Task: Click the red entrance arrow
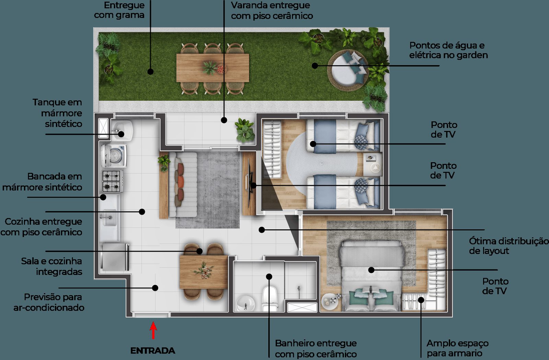(153, 330)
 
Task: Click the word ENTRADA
(153, 351)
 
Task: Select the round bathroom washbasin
(246, 303)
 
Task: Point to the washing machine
(114, 155)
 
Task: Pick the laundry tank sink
(122, 131)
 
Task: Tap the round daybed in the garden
(348, 71)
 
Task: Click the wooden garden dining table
(212, 68)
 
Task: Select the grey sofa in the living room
(183, 184)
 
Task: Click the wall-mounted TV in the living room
(249, 183)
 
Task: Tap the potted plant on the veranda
(244, 130)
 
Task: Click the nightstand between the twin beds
(372, 164)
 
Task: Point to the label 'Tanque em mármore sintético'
(57, 113)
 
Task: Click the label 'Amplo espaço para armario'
(457, 348)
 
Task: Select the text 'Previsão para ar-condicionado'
(49, 302)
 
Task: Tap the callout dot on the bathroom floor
(269, 276)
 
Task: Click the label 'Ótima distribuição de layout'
(509, 246)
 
